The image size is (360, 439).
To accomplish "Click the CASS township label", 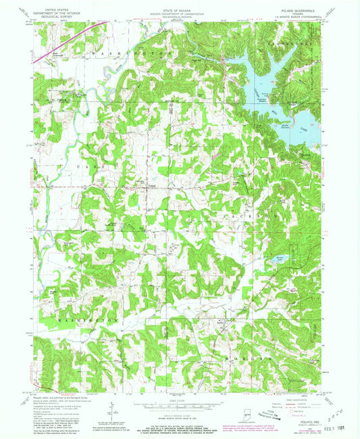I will (89, 165).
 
